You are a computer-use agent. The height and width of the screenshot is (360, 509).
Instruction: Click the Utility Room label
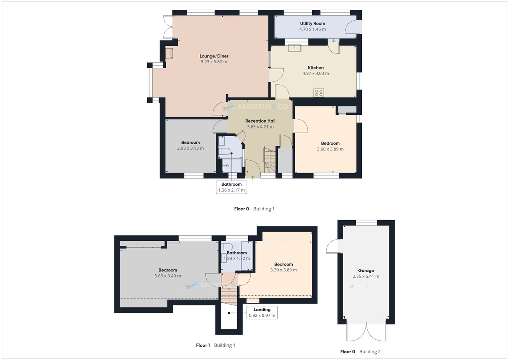[x=313, y=23]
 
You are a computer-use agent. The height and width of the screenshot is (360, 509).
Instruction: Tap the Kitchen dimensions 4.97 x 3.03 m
[x=316, y=73]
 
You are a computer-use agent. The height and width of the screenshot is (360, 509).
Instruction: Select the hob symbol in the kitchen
[x=319, y=92]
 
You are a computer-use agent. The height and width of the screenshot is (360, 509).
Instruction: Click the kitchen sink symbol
[x=294, y=47]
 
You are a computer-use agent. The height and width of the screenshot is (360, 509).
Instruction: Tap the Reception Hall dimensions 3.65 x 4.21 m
[x=260, y=127]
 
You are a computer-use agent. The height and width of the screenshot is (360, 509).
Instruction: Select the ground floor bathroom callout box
[x=231, y=187]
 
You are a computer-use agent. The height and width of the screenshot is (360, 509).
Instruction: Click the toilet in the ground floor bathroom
[x=225, y=152]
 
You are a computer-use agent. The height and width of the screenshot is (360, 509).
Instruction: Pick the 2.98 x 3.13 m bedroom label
[x=190, y=142]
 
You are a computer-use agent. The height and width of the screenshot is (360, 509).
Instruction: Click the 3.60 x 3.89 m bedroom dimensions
[x=330, y=149]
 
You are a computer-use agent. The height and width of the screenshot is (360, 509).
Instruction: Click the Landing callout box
[x=262, y=313]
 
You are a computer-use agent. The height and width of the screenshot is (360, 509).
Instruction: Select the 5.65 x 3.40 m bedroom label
[x=168, y=270]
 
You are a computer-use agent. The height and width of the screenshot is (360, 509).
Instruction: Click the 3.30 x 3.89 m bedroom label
[x=283, y=264]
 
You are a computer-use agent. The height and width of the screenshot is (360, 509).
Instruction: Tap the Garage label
[x=366, y=271]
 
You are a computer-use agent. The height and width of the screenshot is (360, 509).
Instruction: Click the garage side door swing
[x=333, y=246]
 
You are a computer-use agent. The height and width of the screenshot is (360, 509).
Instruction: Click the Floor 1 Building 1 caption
[x=215, y=345]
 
